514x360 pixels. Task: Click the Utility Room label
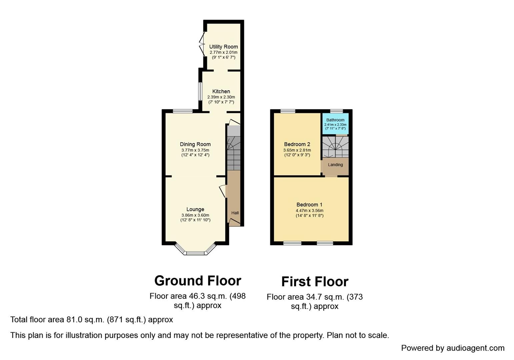tap(223, 47)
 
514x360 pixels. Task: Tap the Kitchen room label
tap(221, 91)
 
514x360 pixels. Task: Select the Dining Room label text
tap(195, 144)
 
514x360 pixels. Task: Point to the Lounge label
tap(195, 209)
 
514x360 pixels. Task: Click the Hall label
tap(235, 213)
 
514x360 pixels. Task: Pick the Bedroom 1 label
tap(309, 205)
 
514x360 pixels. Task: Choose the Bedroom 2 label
tap(297, 144)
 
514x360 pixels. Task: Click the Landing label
tap(335, 165)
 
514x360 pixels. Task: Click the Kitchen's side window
tap(200, 91)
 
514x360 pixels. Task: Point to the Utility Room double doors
tap(202, 44)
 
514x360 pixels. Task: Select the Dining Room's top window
tap(182, 111)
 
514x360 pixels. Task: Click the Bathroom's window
tap(337, 111)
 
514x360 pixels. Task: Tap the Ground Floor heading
tap(198, 281)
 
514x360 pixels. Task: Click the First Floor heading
tap(315, 282)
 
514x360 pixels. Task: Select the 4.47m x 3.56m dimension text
tap(309, 211)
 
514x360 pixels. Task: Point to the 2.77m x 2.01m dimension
tap(223, 53)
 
